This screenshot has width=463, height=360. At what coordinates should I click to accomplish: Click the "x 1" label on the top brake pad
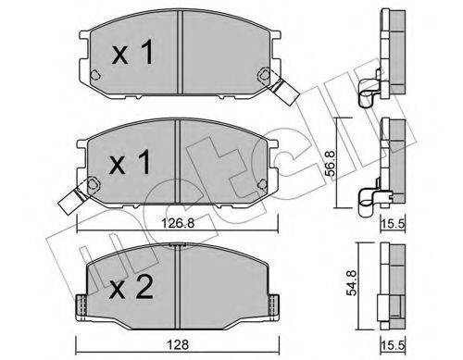pyautogui.click(x=131, y=54)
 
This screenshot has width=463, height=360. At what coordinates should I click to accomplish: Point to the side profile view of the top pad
pyautogui.click(x=389, y=42)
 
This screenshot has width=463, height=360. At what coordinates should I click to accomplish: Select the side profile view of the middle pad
pyautogui.click(x=389, y=153)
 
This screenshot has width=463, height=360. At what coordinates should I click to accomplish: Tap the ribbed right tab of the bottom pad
pyautogui.click(x=276, y=302)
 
